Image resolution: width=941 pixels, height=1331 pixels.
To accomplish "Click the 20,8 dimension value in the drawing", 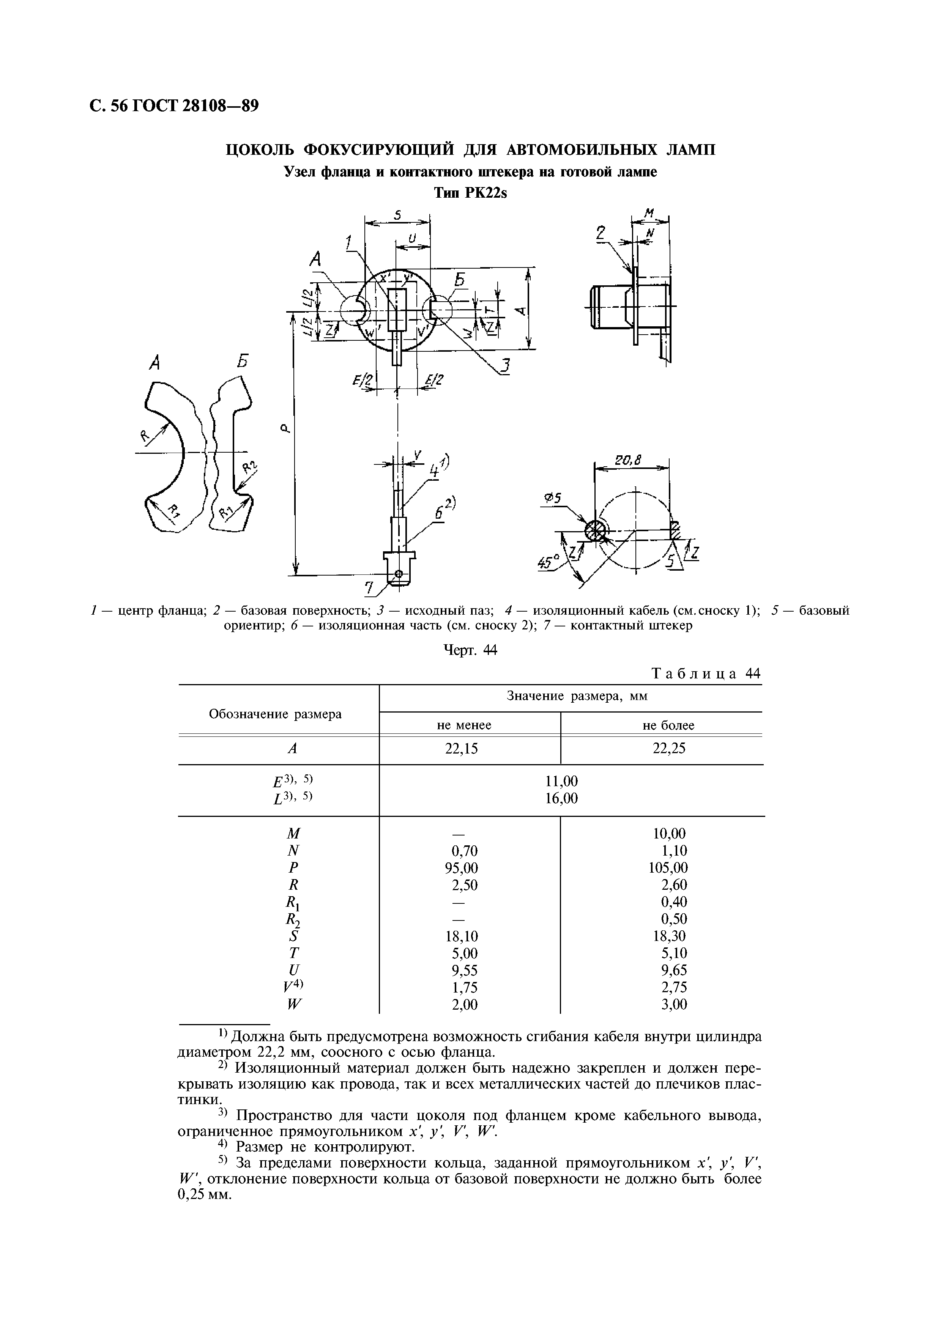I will tap(629, 461).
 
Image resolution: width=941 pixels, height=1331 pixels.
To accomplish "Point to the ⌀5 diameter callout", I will tap(554, 498).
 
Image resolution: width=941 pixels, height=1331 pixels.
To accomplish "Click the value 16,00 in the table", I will tap(561, 798).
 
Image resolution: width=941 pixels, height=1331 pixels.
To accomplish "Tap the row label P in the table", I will tap(293, 868).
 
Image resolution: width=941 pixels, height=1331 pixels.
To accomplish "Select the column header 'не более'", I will tap(668, 725).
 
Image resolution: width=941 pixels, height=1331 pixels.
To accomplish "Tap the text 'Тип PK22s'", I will tap(470, 193).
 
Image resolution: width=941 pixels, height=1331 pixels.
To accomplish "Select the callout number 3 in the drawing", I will tap(506, 367).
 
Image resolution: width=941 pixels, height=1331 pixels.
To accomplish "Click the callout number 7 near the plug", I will tap(369, 589).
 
